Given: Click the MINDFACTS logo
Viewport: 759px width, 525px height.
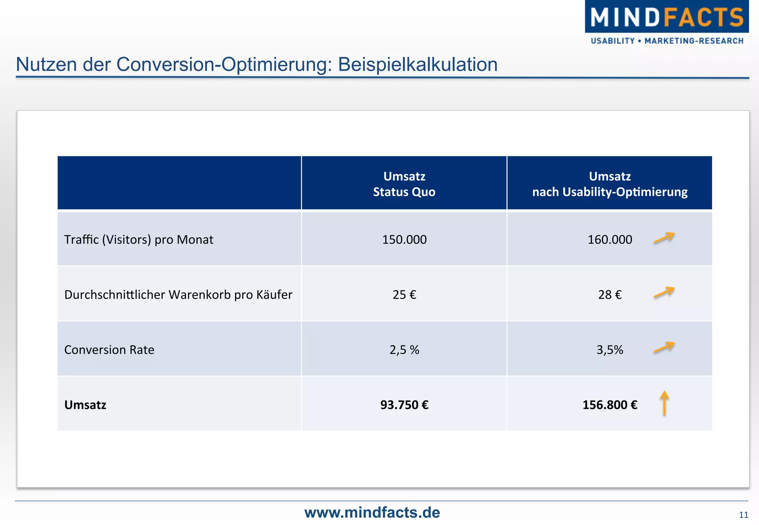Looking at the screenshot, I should (666, 17).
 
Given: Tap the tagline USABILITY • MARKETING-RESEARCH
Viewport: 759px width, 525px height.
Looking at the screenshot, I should (667, 41).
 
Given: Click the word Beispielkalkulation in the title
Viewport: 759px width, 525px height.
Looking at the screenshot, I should (417, 64).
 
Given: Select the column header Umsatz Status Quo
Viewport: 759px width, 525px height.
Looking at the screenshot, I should (404, 184).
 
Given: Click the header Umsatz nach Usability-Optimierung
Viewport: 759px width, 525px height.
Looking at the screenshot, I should (610, 184).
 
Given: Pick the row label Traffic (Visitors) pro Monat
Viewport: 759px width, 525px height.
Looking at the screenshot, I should (139, 240).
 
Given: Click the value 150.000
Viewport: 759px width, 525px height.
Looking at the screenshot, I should (404, 240).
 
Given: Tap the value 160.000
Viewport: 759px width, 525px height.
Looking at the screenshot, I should (610, 240).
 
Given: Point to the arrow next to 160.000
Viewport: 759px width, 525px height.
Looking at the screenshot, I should (664, 238).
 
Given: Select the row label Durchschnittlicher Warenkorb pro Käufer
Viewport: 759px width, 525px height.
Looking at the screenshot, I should (178, 295).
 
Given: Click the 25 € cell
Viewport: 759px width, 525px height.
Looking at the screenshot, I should (404, 295).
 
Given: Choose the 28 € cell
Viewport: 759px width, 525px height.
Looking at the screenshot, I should (610, 295).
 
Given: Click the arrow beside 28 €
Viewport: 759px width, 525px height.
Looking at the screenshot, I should (664, 292).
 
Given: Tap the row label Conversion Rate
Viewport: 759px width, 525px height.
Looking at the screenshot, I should (109, 350).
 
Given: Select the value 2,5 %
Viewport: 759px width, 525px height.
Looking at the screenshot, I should (404, 350).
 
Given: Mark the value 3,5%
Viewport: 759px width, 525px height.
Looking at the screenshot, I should (610, 350).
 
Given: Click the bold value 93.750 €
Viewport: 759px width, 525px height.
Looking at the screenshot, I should (404, 405).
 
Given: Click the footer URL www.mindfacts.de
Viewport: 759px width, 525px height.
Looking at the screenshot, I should (372, 513).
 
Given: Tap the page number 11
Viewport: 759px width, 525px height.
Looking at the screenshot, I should (743, 515).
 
